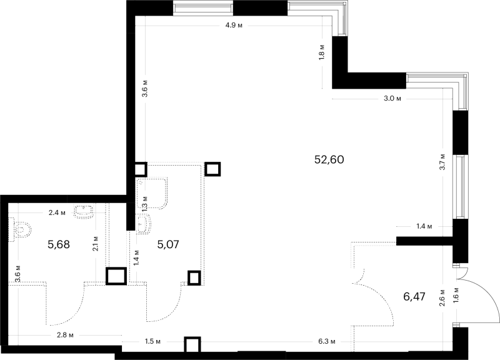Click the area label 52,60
tap(329, 159)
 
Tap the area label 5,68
tap(59, 244)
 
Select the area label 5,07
tap(168, 244)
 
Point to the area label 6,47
tap(414, 296)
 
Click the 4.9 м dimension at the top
tap(234, 26)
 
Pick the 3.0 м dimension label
tap(392, 99)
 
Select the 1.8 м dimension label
tap(322, 51)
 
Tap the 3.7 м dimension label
tap(442, 162)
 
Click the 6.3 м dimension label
tap(327, 341)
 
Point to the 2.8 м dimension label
tap(65, 335)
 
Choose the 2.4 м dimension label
tap(57, 212)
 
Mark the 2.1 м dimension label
tap(95, 244)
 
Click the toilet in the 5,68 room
tap(20, 229)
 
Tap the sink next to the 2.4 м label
tap(84, 212)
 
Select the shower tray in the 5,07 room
tap(152, 194)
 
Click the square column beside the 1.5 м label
tap(192, 345)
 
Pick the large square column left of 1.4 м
tap(116, 276)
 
